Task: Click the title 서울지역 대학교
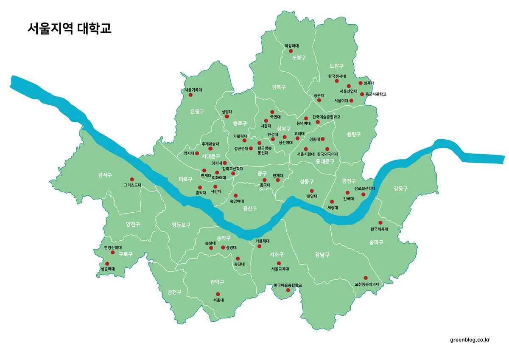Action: coord(69,28)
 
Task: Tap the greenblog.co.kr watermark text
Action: coord(470,340)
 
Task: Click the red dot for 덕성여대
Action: coord(291,51)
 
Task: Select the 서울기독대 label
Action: coord(193,90)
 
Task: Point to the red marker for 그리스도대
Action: coord(131,179)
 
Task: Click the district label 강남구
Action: coord(322,255)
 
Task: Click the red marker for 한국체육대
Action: coord(380,222)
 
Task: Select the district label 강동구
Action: coord(400,188)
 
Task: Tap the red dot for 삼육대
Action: coord(361,83)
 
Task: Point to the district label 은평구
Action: coord(197,112)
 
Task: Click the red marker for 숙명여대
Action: coord(236,196)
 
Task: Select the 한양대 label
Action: coord(312,196)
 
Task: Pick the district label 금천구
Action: coord(174,292)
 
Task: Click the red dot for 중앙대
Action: coord(223,247)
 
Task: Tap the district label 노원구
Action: coord(336,66)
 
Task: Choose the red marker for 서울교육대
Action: coord(279,263)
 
